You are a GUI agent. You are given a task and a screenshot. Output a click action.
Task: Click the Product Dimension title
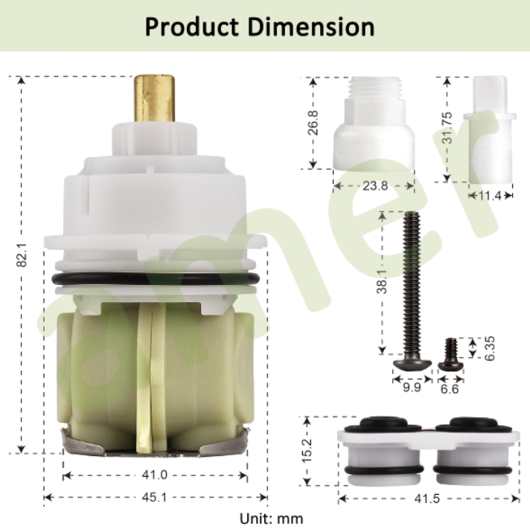259,27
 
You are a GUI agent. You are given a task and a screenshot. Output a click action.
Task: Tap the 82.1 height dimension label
22,257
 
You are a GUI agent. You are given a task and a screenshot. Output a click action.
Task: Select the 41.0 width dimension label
155,475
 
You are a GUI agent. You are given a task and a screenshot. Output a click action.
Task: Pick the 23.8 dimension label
375,187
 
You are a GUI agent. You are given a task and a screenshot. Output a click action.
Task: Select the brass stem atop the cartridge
155,100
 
